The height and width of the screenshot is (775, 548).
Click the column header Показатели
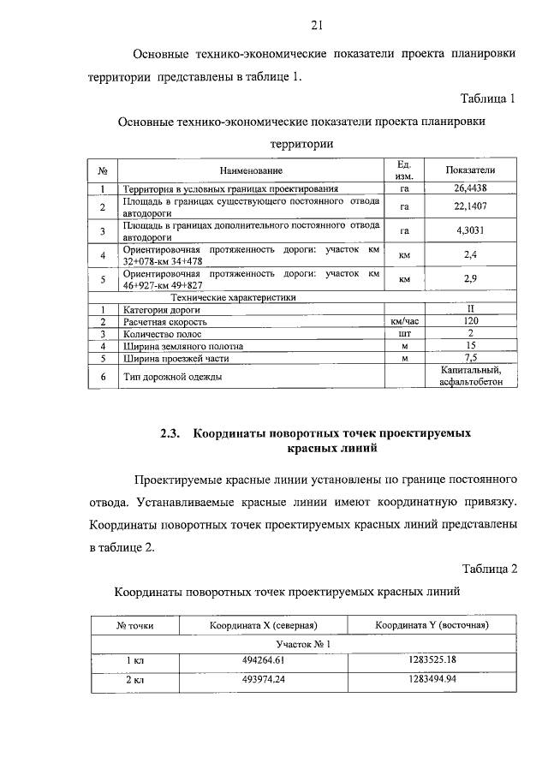pos(471,170)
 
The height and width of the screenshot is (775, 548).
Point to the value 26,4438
pos(471,188)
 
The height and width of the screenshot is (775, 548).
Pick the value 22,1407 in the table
pos(471,206)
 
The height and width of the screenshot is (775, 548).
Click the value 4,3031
pos(471,230)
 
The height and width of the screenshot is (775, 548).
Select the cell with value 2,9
pos(471,279)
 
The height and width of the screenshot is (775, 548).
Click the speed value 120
pos(471,322)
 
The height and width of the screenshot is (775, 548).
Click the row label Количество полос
pos(166,334)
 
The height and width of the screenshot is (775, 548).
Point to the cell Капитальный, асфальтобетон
pos(471,376)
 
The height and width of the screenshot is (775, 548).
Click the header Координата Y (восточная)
pos(432,626)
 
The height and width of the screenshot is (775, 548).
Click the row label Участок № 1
pos(303,643)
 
